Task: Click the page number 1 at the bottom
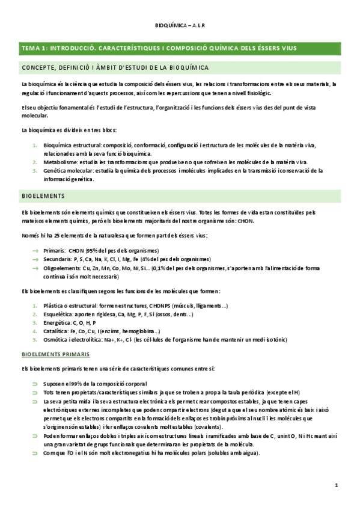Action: pos(337,484)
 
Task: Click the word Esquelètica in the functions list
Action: pos(59,315)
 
